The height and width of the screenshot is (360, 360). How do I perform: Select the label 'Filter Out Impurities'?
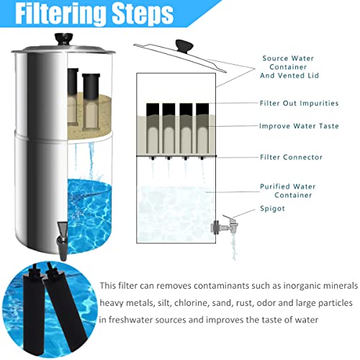pos(295,103)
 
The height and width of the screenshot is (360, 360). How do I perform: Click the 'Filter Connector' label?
pos(290,156)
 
